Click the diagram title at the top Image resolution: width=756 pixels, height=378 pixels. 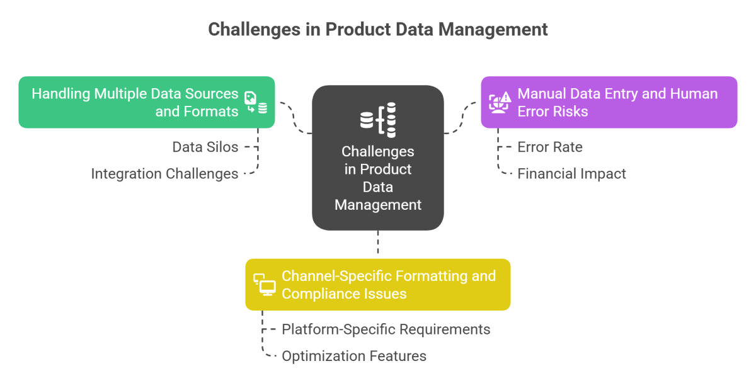[378, 30]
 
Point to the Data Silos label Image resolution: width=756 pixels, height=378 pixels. [205, 147]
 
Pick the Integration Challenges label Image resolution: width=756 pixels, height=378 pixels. [164, 173]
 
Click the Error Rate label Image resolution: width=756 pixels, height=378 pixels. [549, 147]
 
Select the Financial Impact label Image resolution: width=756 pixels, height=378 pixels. [571, 173]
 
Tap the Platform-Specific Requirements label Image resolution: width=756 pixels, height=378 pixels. [386, 329]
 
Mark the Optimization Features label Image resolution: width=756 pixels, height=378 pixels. [353, 355]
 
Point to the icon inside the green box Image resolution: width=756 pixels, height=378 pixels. [256, 103]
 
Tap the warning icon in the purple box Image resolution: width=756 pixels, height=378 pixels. [500, 102]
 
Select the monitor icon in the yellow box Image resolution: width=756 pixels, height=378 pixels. [265, 285]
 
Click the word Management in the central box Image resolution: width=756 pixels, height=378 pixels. [378, 204]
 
